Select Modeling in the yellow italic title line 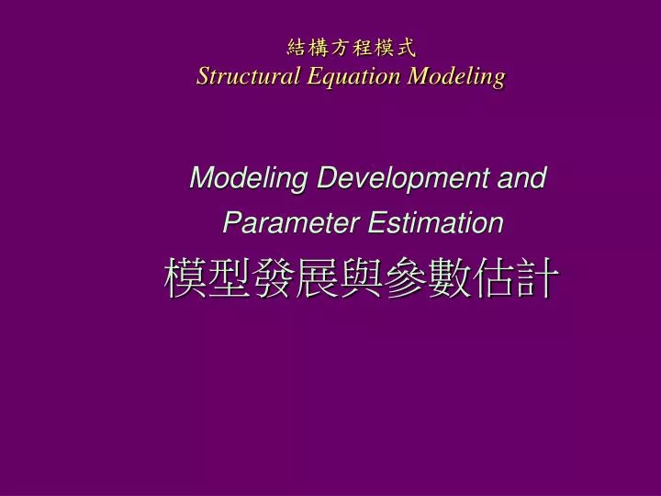click(457, 76)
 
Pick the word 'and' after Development click(521, 178)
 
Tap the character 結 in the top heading click(297, 47)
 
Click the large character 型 click(229, 278)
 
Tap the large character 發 click(273, 278)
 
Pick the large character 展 click(317, 278)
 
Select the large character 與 click(361, 278)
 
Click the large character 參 click(405, 278)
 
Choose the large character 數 click(449, 278)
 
